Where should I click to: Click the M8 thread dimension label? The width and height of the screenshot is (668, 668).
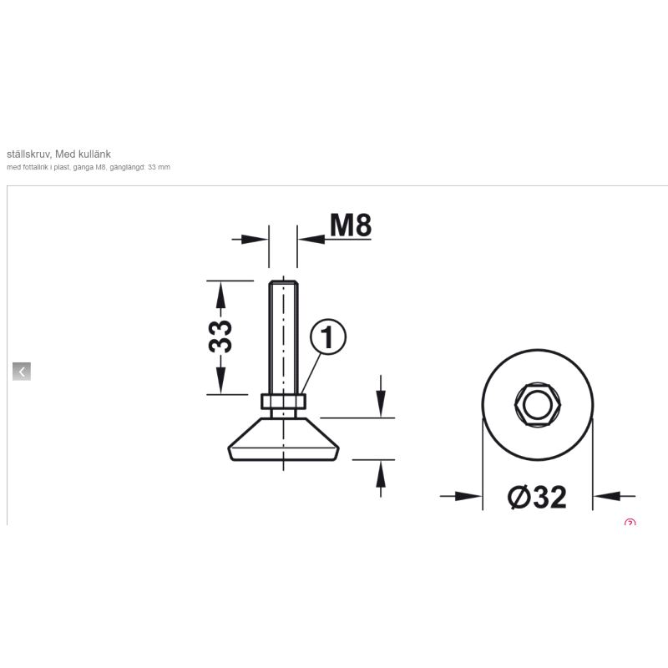[351, 225]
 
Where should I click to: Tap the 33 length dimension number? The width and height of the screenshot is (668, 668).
[220, 337]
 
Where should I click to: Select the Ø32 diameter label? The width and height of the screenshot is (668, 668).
[537, 497]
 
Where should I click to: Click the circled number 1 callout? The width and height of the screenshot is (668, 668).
[327, 337]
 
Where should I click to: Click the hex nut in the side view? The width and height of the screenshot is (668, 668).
[283, 402]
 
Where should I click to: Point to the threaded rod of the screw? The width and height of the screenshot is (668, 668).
[283, 337]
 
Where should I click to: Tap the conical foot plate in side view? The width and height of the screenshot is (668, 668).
[283, 439]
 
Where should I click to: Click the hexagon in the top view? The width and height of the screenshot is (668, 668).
[537, 404]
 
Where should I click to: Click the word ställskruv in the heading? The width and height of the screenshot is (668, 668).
[29, 154]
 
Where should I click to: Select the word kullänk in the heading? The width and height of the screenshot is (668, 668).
[96, 154]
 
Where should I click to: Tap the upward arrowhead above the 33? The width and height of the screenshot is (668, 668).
[220, 295]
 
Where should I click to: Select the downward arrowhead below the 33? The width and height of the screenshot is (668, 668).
[220, 381]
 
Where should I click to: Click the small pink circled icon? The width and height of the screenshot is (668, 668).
[630, 522]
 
